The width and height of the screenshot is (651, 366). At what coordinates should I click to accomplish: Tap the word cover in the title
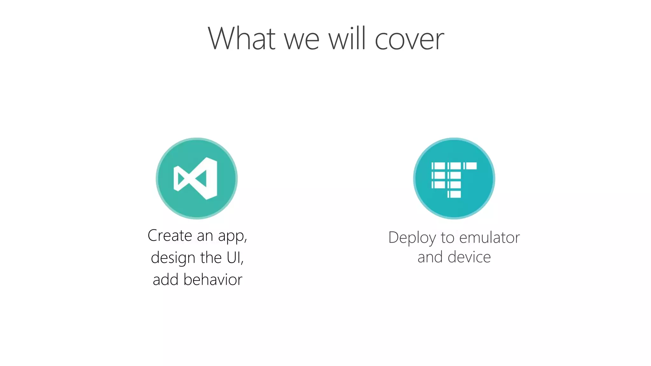pyautogui.click(x=409, y=39)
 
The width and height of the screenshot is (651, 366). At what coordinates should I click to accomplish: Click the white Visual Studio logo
pyautogui.click(x=196, y=179)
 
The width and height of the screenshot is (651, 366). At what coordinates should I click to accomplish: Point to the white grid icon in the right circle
pyautogui.click(x=454, y=180)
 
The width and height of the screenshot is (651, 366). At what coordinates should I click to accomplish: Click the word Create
pyautogui.click(x=170, y=236)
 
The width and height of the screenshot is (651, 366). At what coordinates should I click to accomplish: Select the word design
pyautogui.click(x=173, y=258)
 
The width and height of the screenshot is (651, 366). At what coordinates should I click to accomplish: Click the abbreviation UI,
pyautogui.click(x=235, y=258)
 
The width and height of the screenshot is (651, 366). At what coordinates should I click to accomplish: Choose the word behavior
pyautogui.click(x=213, y=280)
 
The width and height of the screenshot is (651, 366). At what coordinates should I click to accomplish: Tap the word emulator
pyautogui.click(x=490, y=238)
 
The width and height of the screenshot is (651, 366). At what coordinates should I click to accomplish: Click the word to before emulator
pyautogui.click(x=448, y=238)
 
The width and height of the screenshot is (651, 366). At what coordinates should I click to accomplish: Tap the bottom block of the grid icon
pyautogui.click(x=454, y=194)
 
